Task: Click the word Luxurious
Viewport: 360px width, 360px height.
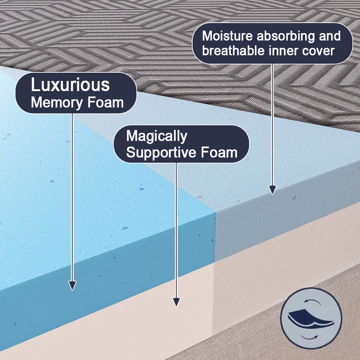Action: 70,85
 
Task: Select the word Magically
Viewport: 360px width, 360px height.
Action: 157,136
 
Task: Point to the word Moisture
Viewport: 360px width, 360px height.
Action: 227,36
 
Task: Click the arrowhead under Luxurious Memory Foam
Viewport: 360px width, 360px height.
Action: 72,285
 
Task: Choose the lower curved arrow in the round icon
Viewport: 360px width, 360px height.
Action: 309,337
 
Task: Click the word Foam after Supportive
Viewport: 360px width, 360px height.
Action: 219,152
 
